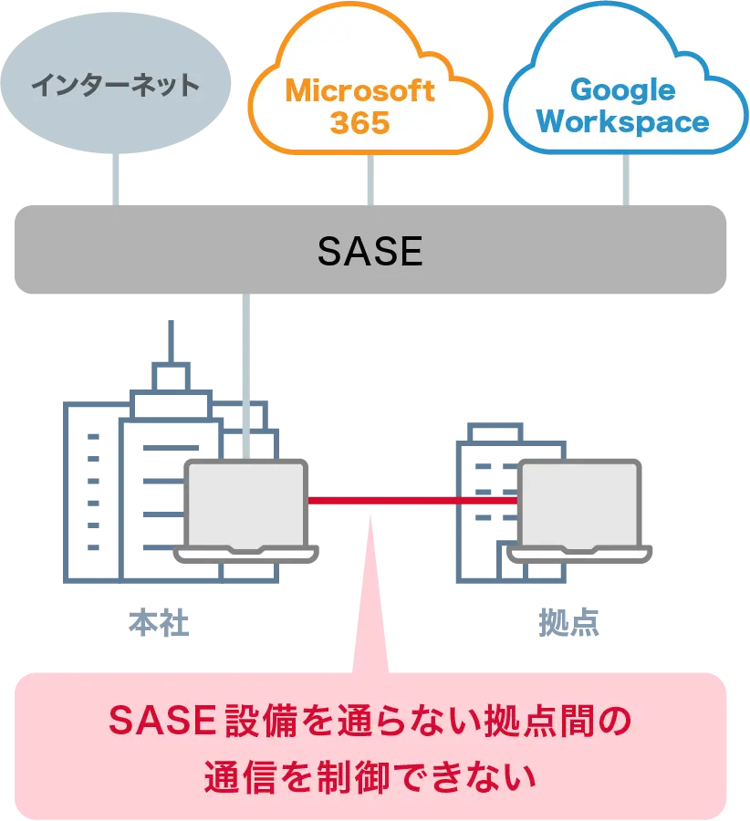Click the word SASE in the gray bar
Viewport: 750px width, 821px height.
coord(370,251)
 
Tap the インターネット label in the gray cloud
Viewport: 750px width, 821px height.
coord(115,86)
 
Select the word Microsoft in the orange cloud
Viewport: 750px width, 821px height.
coord(360,90)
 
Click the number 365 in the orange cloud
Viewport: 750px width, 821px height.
coord(359,123)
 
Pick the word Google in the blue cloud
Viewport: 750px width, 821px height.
coord(622,89)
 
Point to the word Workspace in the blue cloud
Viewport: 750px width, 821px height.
coord(622,122)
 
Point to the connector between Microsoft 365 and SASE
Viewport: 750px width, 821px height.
coord(371,181)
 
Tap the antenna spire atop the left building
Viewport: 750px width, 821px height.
coord(170,338)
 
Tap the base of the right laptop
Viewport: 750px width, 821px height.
coord(581,553)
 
